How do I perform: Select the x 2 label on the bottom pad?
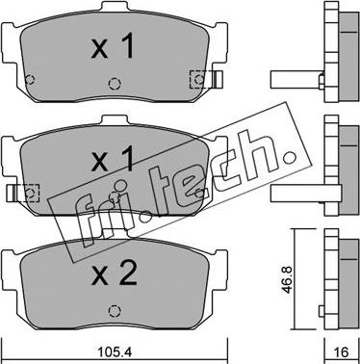click(x=115, y=273)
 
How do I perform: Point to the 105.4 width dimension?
click(x=114, y=352)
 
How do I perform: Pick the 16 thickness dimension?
click(x=341, y=352)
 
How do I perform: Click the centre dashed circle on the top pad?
click(x=115, y=84)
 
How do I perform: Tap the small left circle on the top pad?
click(x=30, y=79)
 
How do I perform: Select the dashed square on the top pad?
click(x=198, y=79)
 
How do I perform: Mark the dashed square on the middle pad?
click(x=30, y=194)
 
